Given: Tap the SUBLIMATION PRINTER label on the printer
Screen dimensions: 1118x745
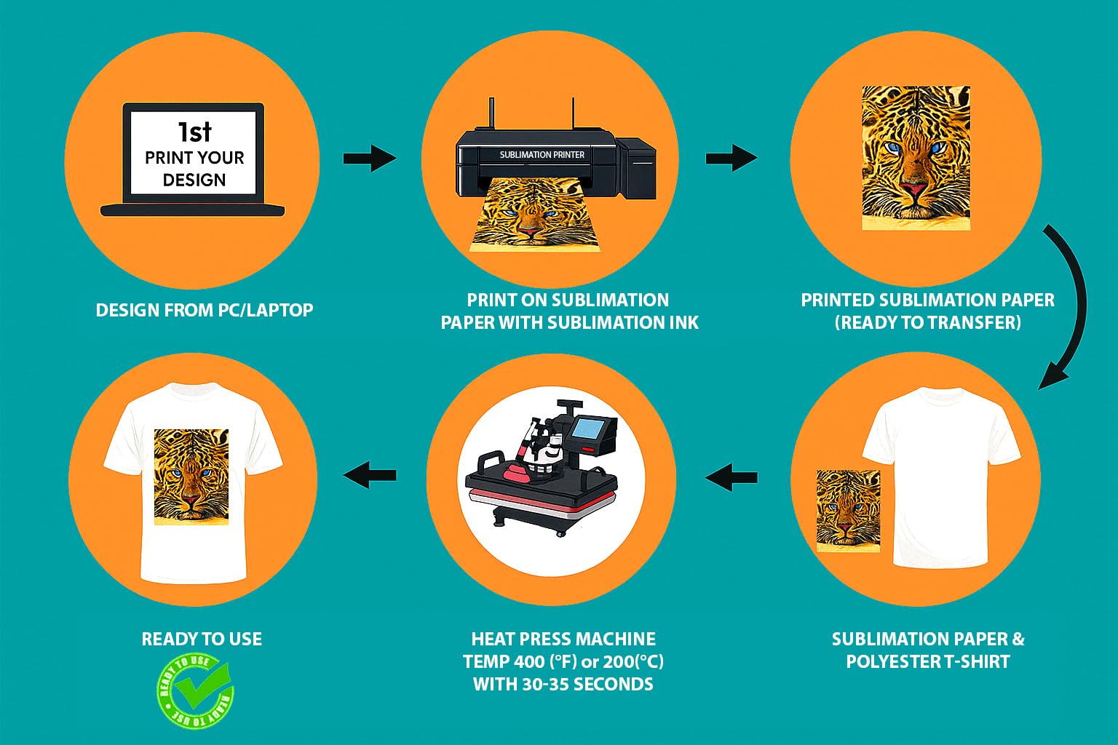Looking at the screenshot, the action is click(x=542, y=155).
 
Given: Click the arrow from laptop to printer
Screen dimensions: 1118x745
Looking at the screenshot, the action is click(x=369, y=158).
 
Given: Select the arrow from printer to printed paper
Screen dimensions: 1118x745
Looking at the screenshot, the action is click(x=731, y=158).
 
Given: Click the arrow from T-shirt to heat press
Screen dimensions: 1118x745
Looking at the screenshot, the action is click(x=732, y=477).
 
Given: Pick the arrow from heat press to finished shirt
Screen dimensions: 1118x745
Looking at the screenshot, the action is click(x=370, y=476).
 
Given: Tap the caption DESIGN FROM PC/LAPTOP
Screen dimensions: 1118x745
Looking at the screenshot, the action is click(x=205, y=310).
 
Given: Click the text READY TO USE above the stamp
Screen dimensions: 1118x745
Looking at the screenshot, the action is click(x=202, y=639).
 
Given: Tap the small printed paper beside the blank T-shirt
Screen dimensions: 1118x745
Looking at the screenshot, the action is click(x=848, y=510).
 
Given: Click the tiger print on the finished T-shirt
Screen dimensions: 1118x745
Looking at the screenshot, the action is click(x=191, y=476).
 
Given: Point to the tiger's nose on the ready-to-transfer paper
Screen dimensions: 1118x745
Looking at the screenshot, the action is click(x=914, y=191).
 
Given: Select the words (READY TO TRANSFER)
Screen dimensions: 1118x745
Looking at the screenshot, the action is click(x=927, y=322).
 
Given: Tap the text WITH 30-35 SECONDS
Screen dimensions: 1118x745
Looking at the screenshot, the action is click(x=563, y=684).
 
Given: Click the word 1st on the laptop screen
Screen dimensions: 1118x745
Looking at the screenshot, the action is click(x=194, y=132).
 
